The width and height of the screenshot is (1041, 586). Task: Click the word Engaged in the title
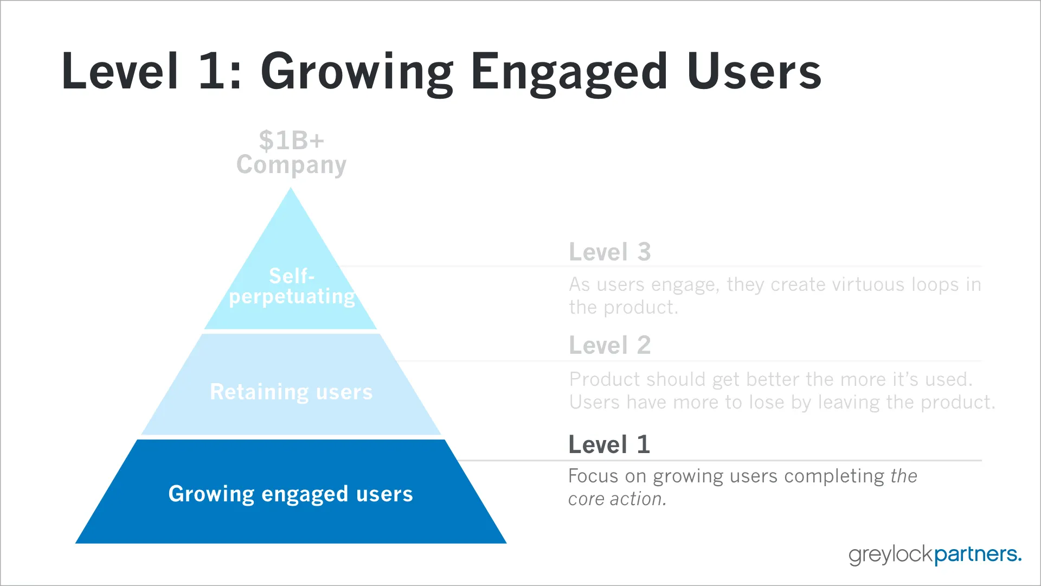tap(569, 72)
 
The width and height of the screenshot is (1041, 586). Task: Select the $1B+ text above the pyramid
tap(291, 141)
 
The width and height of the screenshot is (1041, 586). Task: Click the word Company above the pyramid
tap(291, 165)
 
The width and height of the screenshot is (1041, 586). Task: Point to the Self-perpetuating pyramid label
tap(292, 286)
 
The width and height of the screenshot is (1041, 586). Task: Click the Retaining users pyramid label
tap(291, 392)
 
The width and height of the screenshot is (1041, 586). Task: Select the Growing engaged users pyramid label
tap(291, 494)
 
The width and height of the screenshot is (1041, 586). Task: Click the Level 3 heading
tap(609, 252)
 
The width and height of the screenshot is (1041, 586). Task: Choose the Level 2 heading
tap(609, 346)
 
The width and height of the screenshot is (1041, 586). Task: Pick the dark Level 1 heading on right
tap(609, 445)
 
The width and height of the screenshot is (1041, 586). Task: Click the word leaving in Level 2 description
tap(849, 403)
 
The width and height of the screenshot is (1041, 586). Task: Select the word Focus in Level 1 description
tap(593, 476)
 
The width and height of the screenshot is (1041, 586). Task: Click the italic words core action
tap(617, 499)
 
